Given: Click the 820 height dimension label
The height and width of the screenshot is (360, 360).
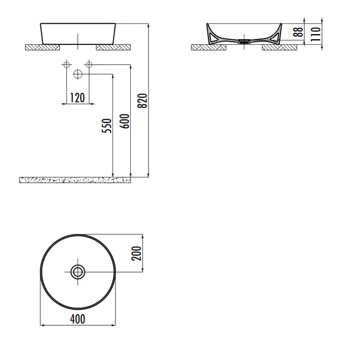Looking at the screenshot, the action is [x=143, y=100].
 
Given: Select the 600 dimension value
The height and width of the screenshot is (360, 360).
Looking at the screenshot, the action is [x=124, y=121].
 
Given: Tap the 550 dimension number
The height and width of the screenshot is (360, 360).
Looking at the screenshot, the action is [x=107, y=126].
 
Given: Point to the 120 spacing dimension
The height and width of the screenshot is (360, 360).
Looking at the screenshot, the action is [x=78, y=98].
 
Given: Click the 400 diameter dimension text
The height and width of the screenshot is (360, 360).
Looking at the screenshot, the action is [x=78, y=319].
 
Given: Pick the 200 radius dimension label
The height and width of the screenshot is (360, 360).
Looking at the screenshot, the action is [x=136, y=253].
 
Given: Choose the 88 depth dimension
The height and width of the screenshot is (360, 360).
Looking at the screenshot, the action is [x=298, y=32].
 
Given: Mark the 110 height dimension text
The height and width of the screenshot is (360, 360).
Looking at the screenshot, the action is [x=316, y=34].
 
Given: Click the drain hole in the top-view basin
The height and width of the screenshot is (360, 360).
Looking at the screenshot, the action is [x=78, y=272].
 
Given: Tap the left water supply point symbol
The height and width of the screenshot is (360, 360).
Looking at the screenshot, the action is [x=66, y=64].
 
